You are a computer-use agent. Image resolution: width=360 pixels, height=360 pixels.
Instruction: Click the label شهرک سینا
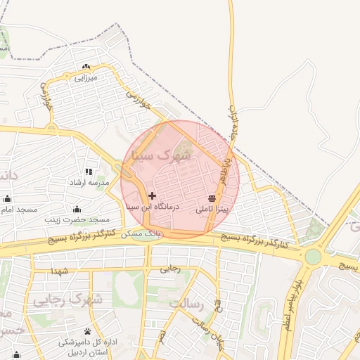[x=164, y=155]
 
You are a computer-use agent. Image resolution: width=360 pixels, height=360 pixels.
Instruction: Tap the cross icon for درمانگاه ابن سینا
[x=153, y=195]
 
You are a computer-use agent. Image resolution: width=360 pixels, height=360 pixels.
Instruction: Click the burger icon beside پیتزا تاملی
[x=212, y=198]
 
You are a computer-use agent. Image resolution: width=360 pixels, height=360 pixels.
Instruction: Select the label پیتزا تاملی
[x=212, y=209]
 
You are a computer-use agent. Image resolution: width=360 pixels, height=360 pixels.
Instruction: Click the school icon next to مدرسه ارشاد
[x=88, y=172]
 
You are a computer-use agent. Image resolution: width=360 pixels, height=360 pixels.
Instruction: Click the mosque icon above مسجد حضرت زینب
[x=77, y=210]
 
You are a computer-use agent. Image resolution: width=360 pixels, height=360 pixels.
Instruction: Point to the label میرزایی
[x=85, y=78]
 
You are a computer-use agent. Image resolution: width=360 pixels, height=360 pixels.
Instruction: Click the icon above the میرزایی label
[x=86, y=67]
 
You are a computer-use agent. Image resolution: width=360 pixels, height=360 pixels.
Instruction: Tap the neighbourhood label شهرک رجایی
[x=67, y=300]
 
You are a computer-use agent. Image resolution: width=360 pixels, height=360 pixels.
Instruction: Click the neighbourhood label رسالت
[x=186, y=304]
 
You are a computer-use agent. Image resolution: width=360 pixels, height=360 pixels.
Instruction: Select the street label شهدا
[x=59, y=271]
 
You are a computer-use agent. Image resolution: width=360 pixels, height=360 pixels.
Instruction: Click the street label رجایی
[x=170, y=268]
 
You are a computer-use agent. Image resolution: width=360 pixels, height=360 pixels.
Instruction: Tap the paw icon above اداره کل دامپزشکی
[x=87, y=331]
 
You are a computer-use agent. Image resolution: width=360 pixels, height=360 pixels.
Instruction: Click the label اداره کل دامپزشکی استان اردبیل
[x=88, y=347]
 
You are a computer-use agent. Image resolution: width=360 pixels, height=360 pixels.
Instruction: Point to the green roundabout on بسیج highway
[x=313, y=257]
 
